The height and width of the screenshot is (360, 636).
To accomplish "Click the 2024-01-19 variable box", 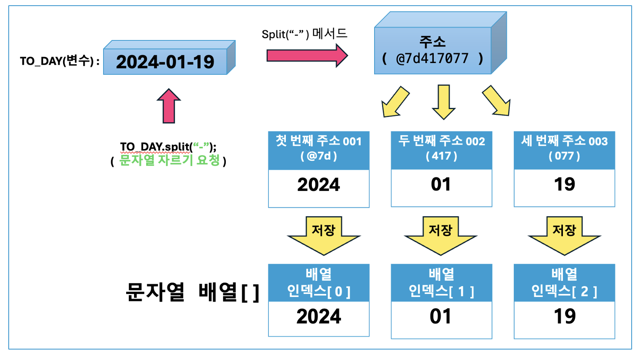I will [165, 62].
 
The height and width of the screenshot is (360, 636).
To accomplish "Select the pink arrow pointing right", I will [307, 56].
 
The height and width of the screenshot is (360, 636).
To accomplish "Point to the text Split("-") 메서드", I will [305, 34].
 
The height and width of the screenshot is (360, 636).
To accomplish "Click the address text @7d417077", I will [432, 58].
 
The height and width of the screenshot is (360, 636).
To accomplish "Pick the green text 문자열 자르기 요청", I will [169, 160].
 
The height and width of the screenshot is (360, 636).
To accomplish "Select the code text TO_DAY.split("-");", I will [168, 147].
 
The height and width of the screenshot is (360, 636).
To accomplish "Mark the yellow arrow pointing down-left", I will [395, 102].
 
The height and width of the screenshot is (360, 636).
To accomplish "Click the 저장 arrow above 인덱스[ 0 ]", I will [324, 235].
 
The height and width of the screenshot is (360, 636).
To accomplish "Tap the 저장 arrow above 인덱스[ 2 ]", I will [564, 235].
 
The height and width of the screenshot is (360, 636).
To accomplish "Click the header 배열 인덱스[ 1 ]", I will [441, 283].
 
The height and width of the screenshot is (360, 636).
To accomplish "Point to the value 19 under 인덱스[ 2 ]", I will [565, 317].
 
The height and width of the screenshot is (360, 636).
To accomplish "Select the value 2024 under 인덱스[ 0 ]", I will [318, 317].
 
